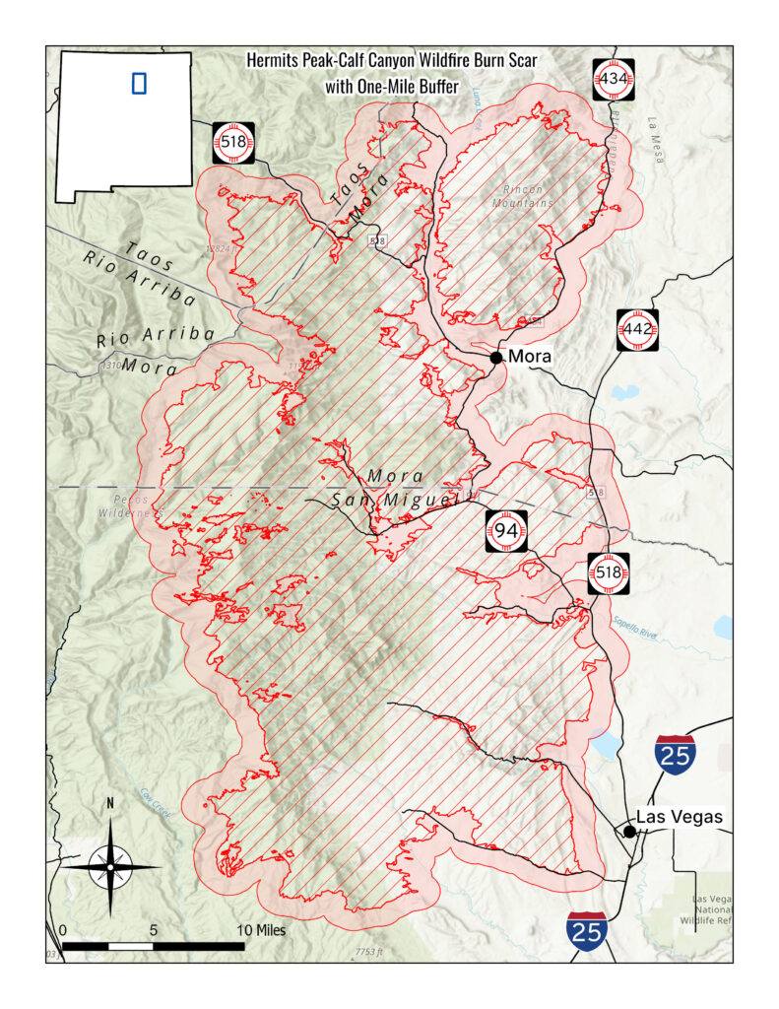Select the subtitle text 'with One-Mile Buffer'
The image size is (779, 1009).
[x=392, y=87]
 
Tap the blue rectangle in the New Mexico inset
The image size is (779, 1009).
[x=139, y=83]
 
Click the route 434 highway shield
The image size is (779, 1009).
[x=614, y=79]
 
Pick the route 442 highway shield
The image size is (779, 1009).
[x=637, y=329]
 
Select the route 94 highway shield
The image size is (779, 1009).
[x=506, y=531]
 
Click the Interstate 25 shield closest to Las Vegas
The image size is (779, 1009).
[x=677, y=753]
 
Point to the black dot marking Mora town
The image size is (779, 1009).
[x=496, y=357]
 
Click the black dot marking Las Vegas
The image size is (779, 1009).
[x=629, y=832]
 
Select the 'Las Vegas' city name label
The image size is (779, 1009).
[x=680, y=817]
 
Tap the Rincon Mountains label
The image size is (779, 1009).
[x=522, y=196]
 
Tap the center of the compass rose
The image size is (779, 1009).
[x=110, y=867]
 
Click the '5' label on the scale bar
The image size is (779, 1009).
[x=154, y=929]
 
